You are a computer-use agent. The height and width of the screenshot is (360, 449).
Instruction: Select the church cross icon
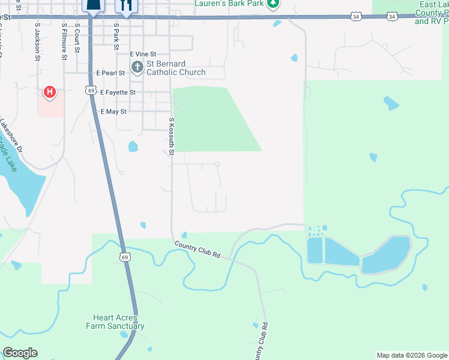tap(137, 67)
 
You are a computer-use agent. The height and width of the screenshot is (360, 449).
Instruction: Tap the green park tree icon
tap(273, 4)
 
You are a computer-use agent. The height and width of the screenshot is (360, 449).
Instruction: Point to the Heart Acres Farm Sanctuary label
tap(119, 322)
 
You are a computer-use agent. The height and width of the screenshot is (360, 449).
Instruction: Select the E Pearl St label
tap(110, 73)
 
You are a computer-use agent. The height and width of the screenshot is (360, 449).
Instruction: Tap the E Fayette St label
tap(118, 92)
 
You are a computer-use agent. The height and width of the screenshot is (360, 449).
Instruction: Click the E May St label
tap(113, 112)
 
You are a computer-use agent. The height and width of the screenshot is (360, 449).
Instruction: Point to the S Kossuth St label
tap(171, 136)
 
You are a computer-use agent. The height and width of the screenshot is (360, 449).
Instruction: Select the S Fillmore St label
tap(64, 42)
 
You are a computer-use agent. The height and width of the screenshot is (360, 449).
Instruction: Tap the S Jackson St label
tap(37, 42)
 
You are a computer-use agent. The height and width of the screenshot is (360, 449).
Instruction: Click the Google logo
tap(20, 353)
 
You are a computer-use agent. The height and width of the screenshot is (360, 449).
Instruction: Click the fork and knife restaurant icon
tap(126, 5)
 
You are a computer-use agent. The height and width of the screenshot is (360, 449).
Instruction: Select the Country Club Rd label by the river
tap(197, 250)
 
